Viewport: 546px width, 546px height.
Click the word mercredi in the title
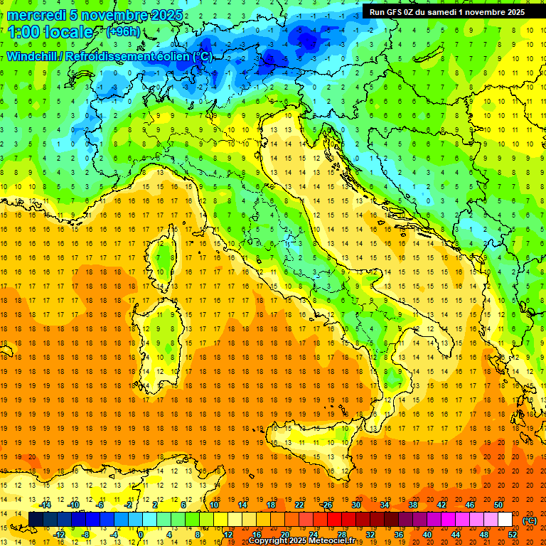coord(38,15)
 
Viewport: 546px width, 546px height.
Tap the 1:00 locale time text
coord(50,32)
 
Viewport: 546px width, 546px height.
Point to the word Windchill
coord(33,56)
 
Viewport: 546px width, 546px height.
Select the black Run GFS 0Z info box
coord(446,11)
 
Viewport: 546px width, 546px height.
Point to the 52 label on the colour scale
coord(512,535)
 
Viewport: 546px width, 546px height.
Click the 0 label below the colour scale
coord(140,535)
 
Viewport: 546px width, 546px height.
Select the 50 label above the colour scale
coord(498,504)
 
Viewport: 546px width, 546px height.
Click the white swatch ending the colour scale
coord(505,520)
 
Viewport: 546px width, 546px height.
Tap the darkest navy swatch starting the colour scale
coord(36,520)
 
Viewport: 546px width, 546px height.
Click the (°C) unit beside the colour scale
coord(530,520)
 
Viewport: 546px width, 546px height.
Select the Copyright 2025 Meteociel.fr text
coord(301,541)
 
